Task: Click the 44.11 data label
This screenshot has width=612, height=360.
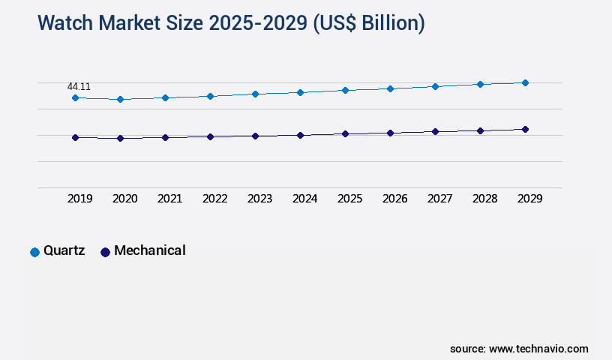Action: pos(79,87)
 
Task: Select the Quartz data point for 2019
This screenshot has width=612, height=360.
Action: pos(75,97)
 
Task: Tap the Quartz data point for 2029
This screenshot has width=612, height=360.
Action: pos(525,82)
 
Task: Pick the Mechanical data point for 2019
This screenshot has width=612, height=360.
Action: pos(75,137)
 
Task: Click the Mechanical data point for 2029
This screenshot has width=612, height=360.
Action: pos(525,129)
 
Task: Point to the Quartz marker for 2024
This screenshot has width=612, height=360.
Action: pos(300,92)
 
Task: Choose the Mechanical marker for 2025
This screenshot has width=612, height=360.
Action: pos(345,133)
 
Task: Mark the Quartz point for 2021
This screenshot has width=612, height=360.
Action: pos(165,97)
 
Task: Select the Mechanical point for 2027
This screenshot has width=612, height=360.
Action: pos(435,131)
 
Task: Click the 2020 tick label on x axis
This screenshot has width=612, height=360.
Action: pos(124,199)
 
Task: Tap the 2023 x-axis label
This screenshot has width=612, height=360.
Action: pos(259,199)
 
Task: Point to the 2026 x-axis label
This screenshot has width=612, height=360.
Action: pos(394,199)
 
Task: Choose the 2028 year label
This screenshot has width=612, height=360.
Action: pos(484,199)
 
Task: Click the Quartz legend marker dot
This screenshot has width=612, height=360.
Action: pos(34,252)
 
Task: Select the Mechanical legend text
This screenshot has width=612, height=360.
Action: pos(149,251)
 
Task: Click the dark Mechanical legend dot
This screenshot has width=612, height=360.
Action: pos(105,252)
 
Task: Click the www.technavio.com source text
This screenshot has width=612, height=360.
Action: pos(538,349)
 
